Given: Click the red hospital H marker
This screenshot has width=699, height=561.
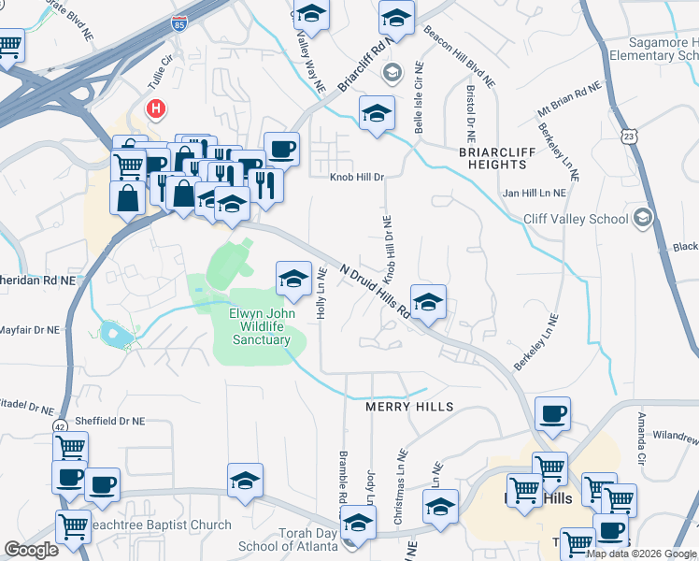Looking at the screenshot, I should [x=156, y=109].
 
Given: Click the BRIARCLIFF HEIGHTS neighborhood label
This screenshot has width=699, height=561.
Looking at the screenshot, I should [x=492, y=157].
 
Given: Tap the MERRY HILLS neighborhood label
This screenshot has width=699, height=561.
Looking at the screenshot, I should [x=409, y=407].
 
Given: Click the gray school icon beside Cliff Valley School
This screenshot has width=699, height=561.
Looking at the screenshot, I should [x=641, y=219].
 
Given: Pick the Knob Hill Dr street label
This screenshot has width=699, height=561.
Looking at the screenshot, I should [x=356, y=176].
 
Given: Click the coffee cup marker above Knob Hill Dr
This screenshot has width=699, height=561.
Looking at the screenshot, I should [x=281, y=149].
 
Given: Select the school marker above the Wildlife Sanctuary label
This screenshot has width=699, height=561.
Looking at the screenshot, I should [x=292, y=278].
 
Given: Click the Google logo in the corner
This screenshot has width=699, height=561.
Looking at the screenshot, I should [x=32, y=550].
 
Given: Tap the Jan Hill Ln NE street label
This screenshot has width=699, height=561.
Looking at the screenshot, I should [x=535, y=193].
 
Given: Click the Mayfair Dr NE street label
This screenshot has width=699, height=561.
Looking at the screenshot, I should [x=30, y=330].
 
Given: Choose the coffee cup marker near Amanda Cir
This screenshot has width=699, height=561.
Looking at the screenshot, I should [x=552, y=413].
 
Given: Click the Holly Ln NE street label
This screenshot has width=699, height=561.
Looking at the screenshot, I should [x=321, y=295].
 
